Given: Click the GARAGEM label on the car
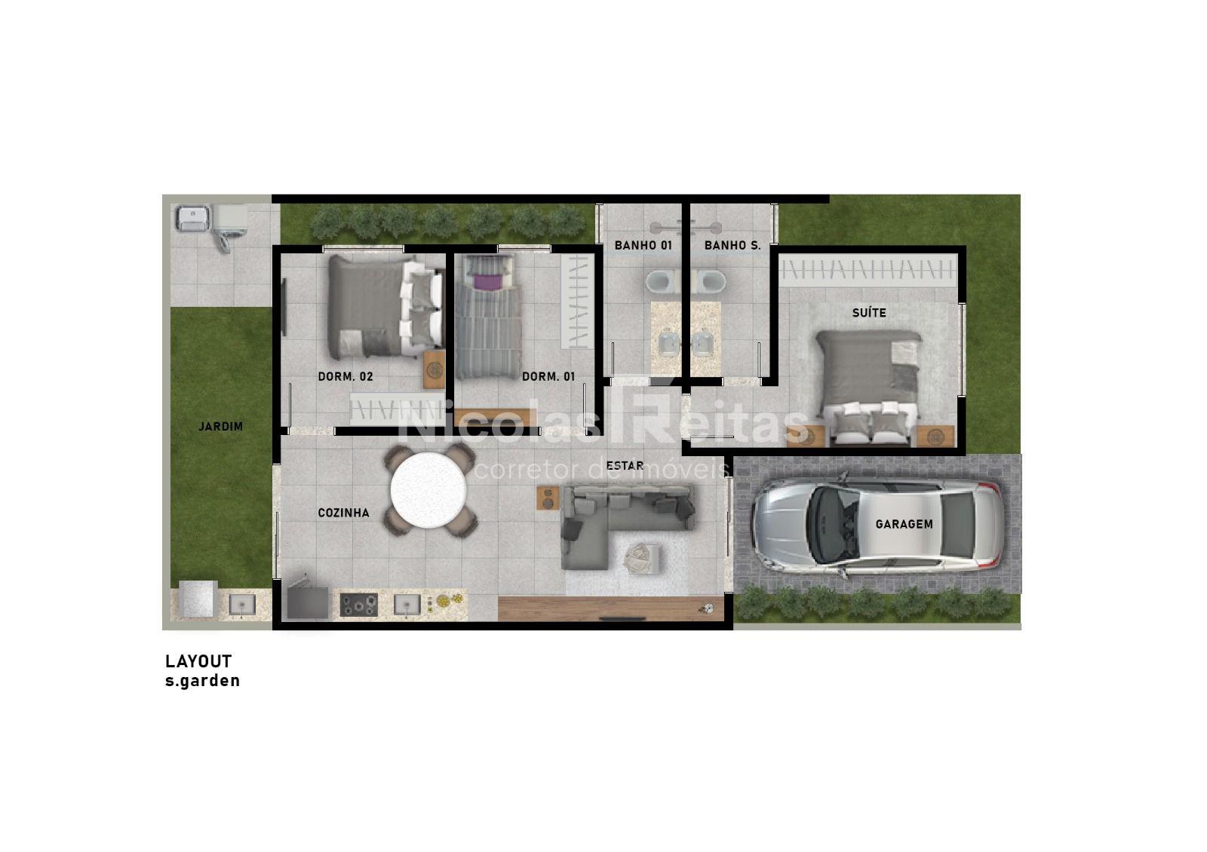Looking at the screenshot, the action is click(x=904, y=524).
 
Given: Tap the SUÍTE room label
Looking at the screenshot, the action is click(x=868, y=312).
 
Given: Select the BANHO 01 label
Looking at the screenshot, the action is click(x=643, y=246).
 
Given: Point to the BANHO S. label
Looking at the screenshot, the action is click(x=732, y=246).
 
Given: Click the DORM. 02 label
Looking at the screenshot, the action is click(x=346, y=376).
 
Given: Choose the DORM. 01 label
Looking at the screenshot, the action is click(x=548, y=376).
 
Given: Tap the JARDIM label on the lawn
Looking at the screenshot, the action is click(x=221, y=427).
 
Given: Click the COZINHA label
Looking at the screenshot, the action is click(x=343, y=513).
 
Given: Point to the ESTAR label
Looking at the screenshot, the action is click(x=625, y=465).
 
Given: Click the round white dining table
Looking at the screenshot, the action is click(x=428, y=491).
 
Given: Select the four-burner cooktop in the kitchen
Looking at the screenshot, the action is click(x=358, y=604).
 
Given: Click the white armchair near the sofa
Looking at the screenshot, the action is click(x=642, y=558).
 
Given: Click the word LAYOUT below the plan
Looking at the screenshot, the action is click(x=198, y=661).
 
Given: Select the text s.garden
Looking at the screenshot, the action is click(x=203, y=682).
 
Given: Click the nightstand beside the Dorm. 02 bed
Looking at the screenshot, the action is click(x=434, y=369).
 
